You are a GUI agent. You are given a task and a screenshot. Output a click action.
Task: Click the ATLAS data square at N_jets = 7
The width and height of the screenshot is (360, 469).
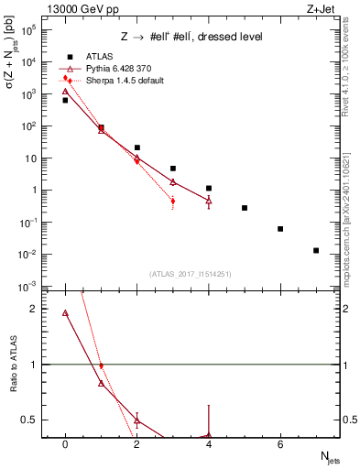point(316,250)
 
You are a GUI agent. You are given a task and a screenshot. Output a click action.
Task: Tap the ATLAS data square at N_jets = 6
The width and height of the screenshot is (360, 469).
point(280,228)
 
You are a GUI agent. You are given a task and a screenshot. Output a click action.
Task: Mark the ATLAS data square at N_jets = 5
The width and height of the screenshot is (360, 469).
point(245,208)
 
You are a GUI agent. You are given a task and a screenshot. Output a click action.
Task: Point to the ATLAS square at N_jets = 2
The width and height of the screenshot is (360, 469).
point(136,147)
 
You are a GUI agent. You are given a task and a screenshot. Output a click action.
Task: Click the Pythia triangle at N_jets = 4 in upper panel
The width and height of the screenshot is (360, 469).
point(209,200)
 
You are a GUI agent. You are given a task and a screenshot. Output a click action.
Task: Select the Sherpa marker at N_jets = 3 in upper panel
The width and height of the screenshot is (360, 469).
point(172,202)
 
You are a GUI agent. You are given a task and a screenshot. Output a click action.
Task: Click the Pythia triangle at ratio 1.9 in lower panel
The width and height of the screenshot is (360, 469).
point(65,313)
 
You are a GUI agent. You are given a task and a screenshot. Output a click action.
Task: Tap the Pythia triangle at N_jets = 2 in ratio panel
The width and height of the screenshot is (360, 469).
point(136,421)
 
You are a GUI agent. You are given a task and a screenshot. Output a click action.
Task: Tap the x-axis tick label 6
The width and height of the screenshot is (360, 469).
point(280,445)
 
